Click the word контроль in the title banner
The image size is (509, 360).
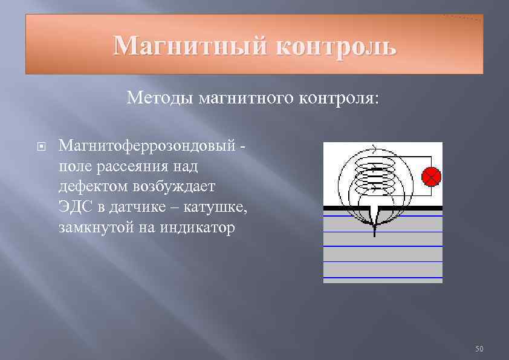pos(336,46)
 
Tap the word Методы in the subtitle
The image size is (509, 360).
pos(160,98)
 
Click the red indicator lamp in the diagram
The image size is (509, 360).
pos(431,177)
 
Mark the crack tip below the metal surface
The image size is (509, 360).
pos(375,233)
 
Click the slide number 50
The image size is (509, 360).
pos(480,349)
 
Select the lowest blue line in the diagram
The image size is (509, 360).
pos(383,278)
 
